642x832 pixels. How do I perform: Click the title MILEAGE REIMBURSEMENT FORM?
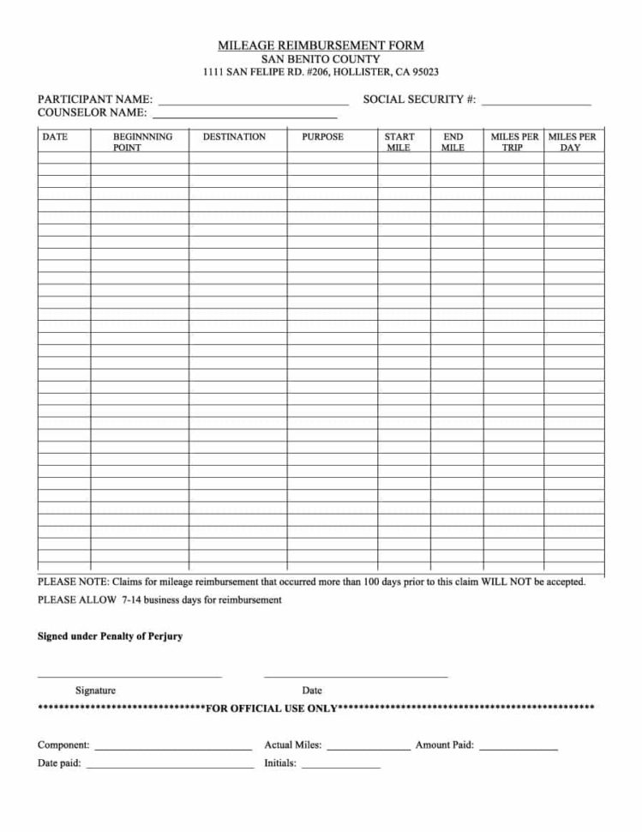coord(321,45)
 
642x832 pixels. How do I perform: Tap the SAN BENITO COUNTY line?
coord(321,59)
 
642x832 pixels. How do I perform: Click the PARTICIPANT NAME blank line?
coord(253,102)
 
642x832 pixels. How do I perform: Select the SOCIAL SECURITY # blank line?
coord(536,102)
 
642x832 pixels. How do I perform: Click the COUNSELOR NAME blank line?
coord(244,115)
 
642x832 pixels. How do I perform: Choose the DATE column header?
coord(55,137)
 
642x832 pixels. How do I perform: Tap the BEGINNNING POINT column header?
coord(142,142)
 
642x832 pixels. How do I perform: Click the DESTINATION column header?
coord(234,137)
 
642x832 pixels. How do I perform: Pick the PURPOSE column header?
coord(322,137)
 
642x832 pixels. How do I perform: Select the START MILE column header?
coord(399,142)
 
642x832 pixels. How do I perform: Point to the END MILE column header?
coord(453,142)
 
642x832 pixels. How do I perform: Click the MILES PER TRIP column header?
coord(513,142)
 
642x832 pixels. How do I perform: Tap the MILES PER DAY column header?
coord(572,142)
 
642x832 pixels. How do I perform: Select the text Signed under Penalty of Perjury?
coord(110,636)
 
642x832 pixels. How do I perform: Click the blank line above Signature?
coord(129,676)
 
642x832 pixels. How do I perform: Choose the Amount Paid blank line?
coord(519,749)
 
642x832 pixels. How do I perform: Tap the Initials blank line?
coord(340,766)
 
